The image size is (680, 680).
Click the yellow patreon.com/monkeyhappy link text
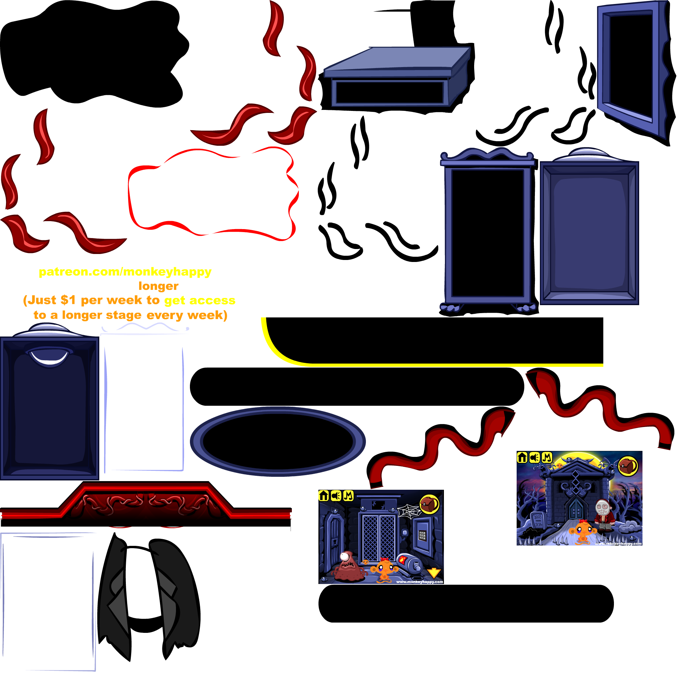coord(125,272)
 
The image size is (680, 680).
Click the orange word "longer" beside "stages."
coord(158,286)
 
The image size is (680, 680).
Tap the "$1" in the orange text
coord(68,300)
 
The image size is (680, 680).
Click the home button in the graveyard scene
coord(522,458)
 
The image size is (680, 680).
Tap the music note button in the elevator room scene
coord(348,496)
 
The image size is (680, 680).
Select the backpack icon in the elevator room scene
coord(429,504)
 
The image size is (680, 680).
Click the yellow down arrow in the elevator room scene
coord(434,573)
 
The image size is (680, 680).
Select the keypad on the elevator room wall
coord(422,536)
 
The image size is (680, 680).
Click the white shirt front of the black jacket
coord(142,582)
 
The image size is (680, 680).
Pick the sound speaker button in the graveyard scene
coord(535,458)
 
